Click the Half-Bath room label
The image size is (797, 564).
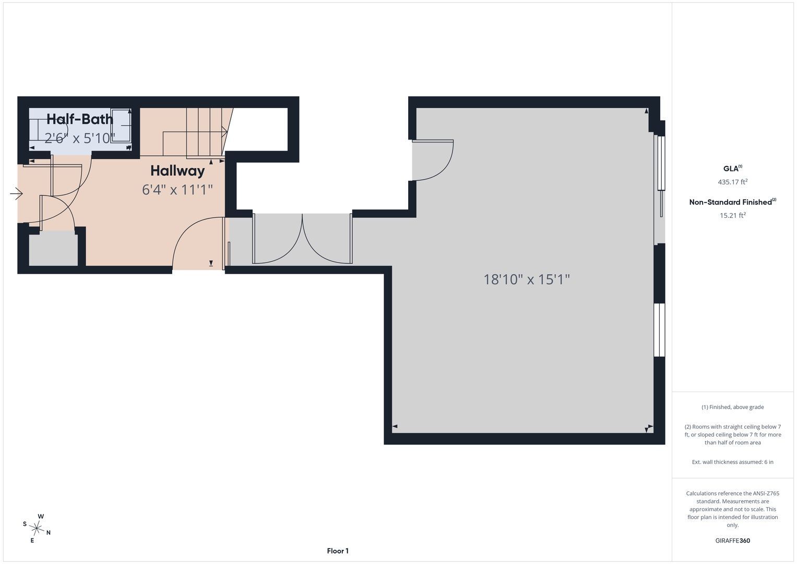[80, 119]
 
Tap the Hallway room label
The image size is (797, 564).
[177, 171]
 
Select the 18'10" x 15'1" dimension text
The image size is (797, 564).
[527, 279]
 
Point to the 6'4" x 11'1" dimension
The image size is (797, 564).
[177, 190]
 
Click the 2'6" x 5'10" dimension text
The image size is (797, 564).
[80, 138]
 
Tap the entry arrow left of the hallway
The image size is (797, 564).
[16, 194]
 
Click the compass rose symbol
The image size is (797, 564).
[37, 528]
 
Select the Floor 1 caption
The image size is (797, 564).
[338, 551]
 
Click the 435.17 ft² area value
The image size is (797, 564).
[733, 182]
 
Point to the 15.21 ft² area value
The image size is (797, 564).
[733, 215]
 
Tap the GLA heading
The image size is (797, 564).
[733, 168]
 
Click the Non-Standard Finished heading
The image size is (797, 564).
[733, 202]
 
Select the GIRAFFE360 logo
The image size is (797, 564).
[733, 540]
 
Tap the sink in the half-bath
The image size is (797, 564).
[121, 126]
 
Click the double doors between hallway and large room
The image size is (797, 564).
[302, 239]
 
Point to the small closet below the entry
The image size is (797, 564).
[53, 248]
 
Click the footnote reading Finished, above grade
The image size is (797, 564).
[733, 407]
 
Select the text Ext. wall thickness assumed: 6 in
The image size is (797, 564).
[733, 462]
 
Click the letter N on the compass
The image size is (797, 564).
[49, 533]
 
